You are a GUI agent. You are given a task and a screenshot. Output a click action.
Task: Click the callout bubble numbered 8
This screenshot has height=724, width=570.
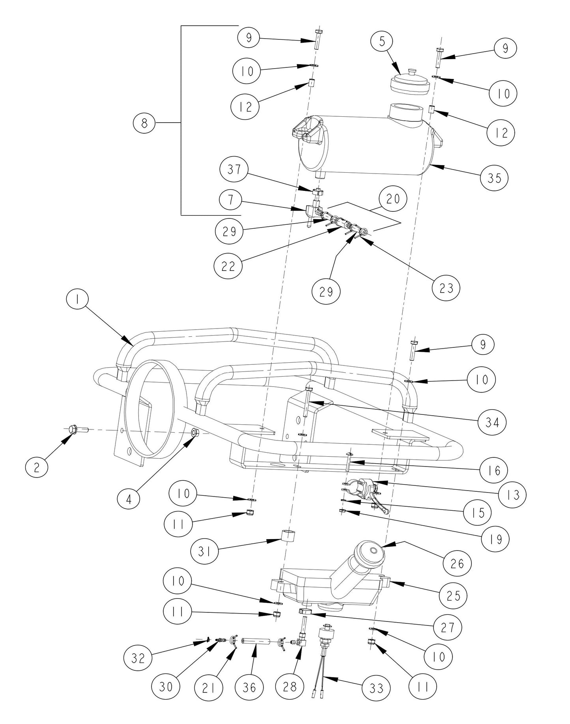pyautogui.click(x=144, y=123)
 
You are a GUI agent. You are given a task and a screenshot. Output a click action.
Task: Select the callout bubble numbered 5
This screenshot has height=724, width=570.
pyautogui.click(x=382, y=42)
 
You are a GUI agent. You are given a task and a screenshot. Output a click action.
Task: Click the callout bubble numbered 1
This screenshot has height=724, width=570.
pyautogui.click(x=78, y=300)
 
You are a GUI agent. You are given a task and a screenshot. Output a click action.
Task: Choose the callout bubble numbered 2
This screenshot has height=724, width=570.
pyautogui.click(x=37, y=467)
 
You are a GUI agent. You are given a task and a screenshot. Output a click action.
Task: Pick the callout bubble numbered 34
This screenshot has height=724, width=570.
pyautogui.click(x=492, y=423)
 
